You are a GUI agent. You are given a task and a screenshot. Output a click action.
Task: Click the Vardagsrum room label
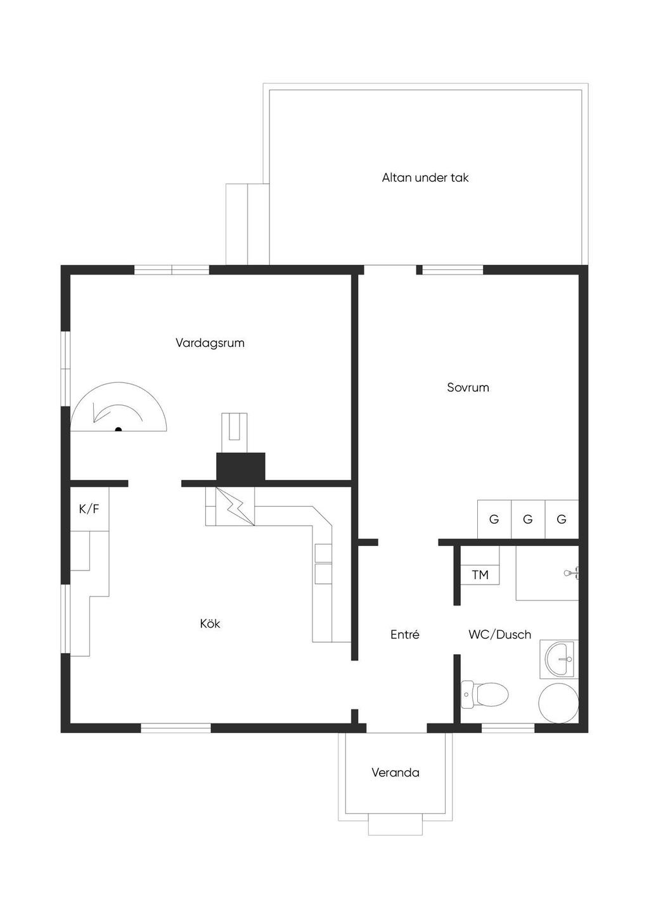click(x=210, y=343)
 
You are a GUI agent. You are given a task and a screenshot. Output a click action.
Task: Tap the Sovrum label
click(x=468, y=388)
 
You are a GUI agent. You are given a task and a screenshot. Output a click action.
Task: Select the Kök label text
click(x=210, y=624)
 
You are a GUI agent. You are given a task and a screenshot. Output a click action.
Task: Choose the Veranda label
click(x=395, y=773)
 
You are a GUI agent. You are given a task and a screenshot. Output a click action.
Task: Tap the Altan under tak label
click(x=425, y=178)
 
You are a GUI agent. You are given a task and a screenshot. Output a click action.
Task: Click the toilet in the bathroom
click(x=485, y=694)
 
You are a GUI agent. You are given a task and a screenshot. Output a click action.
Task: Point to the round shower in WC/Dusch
click(x=558, y=703)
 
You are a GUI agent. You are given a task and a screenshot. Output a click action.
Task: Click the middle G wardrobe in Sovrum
click(x=528, y=519)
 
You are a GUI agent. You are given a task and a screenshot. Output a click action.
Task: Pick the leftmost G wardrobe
click(x=494, y=519)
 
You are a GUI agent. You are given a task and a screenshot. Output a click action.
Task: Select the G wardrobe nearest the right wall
click(x=562, y=519)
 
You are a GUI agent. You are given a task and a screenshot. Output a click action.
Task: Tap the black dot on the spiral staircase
click(x=119, y=429)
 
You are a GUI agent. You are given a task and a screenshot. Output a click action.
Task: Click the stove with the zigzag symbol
click(x=235, y=507)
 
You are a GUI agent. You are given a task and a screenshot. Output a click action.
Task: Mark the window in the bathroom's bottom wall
click(x=508, y=728)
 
